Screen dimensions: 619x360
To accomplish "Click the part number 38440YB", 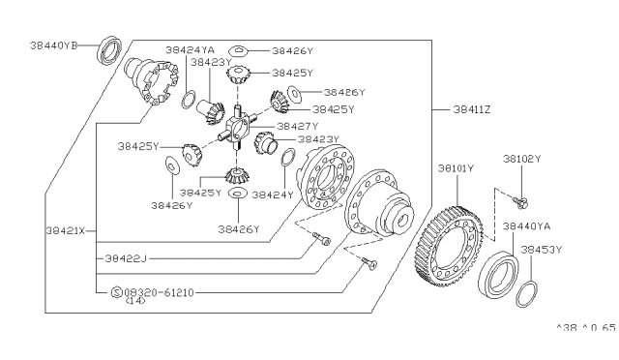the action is [x=54, y=45].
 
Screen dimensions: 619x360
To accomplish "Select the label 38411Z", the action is [x=472, y=109].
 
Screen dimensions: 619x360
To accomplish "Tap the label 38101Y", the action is [x=456, y=168].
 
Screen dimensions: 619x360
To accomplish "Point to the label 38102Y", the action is [x=522, y=159].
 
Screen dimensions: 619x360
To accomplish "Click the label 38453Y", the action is [x=542, y=250].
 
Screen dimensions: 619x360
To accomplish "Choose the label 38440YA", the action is [x=526, y=226].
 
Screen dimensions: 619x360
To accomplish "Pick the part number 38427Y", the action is [x=298, y=127].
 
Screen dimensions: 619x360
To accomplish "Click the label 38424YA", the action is [x=190, y=49].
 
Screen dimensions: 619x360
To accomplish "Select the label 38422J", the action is [x=126, y=258].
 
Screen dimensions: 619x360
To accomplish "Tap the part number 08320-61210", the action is [x=159, y=293].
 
